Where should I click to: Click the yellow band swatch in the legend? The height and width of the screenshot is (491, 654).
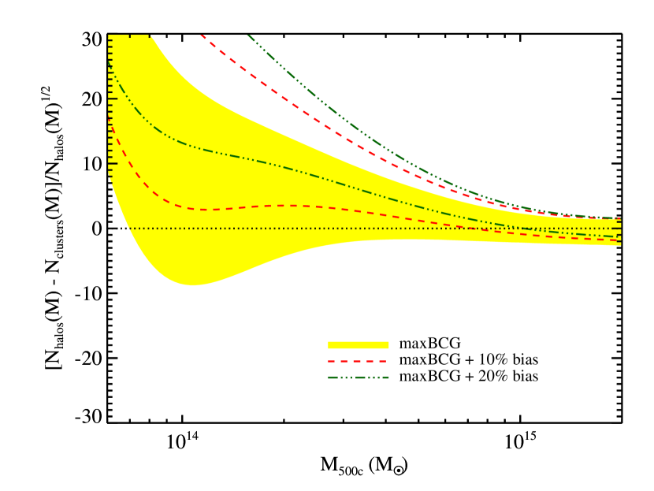358,345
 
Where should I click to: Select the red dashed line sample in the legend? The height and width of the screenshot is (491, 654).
358,361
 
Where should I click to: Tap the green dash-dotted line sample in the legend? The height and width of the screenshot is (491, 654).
358,378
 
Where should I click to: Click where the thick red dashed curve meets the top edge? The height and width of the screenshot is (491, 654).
202,35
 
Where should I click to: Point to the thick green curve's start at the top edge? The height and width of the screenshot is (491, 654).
249,35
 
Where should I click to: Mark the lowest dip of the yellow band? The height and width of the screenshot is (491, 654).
192,285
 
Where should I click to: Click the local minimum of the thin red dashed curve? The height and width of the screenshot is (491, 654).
203,210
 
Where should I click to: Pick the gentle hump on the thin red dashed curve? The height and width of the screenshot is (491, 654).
293,206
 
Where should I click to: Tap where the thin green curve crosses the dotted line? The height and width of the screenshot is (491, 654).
526,229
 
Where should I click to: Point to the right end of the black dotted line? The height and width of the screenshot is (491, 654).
620,229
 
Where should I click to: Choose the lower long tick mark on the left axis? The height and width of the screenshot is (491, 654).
112,164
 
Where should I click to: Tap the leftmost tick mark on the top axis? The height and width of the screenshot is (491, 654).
129,35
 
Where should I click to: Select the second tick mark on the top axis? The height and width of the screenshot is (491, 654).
150,35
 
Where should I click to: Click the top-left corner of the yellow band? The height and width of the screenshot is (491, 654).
110,35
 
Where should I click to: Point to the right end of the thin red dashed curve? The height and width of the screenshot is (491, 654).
620,240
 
